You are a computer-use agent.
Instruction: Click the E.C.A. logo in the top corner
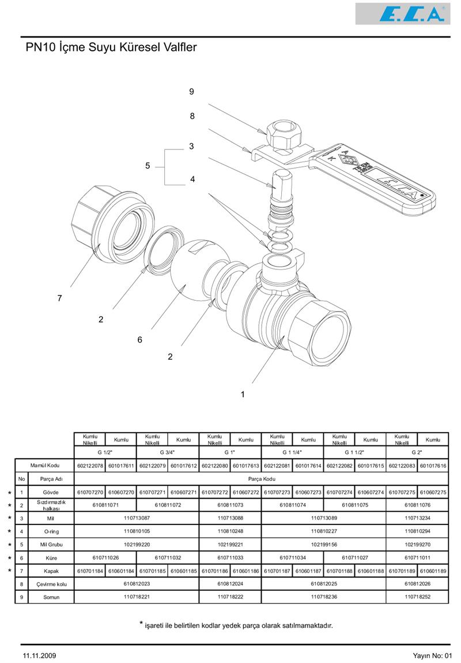402,14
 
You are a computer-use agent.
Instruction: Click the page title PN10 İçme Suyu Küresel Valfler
111,47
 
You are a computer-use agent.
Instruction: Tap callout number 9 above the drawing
191,91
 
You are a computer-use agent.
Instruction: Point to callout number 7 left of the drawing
59,298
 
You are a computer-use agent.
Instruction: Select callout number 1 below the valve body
243,395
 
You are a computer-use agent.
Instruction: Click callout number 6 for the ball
139,340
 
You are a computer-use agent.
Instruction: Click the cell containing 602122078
90,466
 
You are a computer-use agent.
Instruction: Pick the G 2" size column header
417,452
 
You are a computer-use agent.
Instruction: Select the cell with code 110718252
417,597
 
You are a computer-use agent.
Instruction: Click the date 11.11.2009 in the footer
40,655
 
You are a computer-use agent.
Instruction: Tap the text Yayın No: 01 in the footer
433,655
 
